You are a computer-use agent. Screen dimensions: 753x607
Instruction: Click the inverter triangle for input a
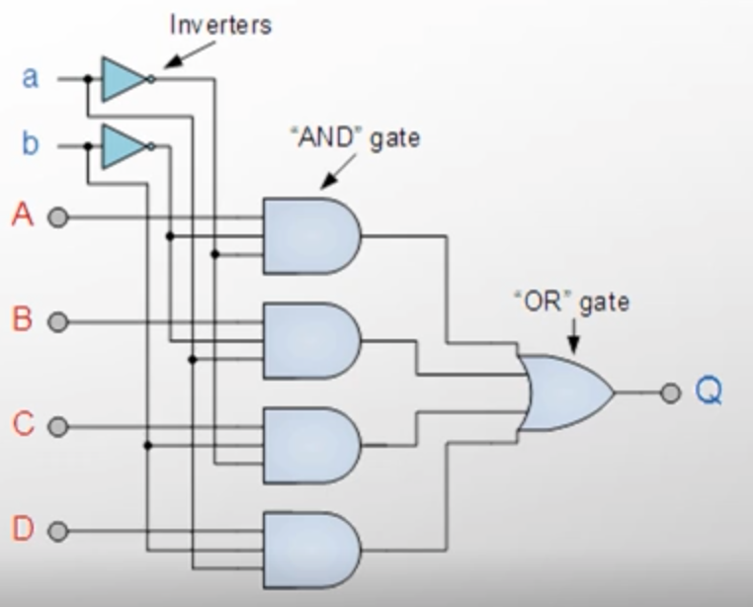pyautogui.click(x=124, y=79)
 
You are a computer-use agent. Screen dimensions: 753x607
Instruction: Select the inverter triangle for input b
pyautogui.click(x=124, y=146)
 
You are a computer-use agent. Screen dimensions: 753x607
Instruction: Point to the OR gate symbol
pyautogui.click(x=565, y=392)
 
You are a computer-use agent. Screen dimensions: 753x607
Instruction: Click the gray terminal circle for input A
pyautogui.click(x=58, y=217)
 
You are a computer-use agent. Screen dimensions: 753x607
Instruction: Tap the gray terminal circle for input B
pyautogui.click(x=58, y=321)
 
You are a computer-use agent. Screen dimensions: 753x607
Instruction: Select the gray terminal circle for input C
pyautogui.click(x=58, y=427)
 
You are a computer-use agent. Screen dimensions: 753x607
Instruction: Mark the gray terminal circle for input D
pyautogui.click(x=58, y=531)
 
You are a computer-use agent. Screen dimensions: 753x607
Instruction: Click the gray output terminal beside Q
pyautogui.click(x=670, y=392)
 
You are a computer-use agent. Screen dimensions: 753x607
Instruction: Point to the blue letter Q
pyautogui.click(x=709, y=390)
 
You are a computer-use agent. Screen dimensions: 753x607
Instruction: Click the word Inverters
pyautogui.click(x=221, y=25)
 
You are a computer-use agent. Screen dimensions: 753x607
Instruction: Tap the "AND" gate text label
pyautogui.click(x=356, y=138)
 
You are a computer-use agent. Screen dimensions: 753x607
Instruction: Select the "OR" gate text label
pyautogui.click(x=571, y=303)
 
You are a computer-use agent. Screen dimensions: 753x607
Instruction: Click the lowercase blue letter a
pyautogui.click(x=30, y=78)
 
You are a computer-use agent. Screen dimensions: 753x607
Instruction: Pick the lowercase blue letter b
pyautogui.click(x=30, y=142)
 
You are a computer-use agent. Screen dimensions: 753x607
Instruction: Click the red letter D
pyautogui.click(x=23, y=528)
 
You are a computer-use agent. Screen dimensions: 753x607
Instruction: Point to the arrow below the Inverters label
pyautogui.click(x=189, y=55)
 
